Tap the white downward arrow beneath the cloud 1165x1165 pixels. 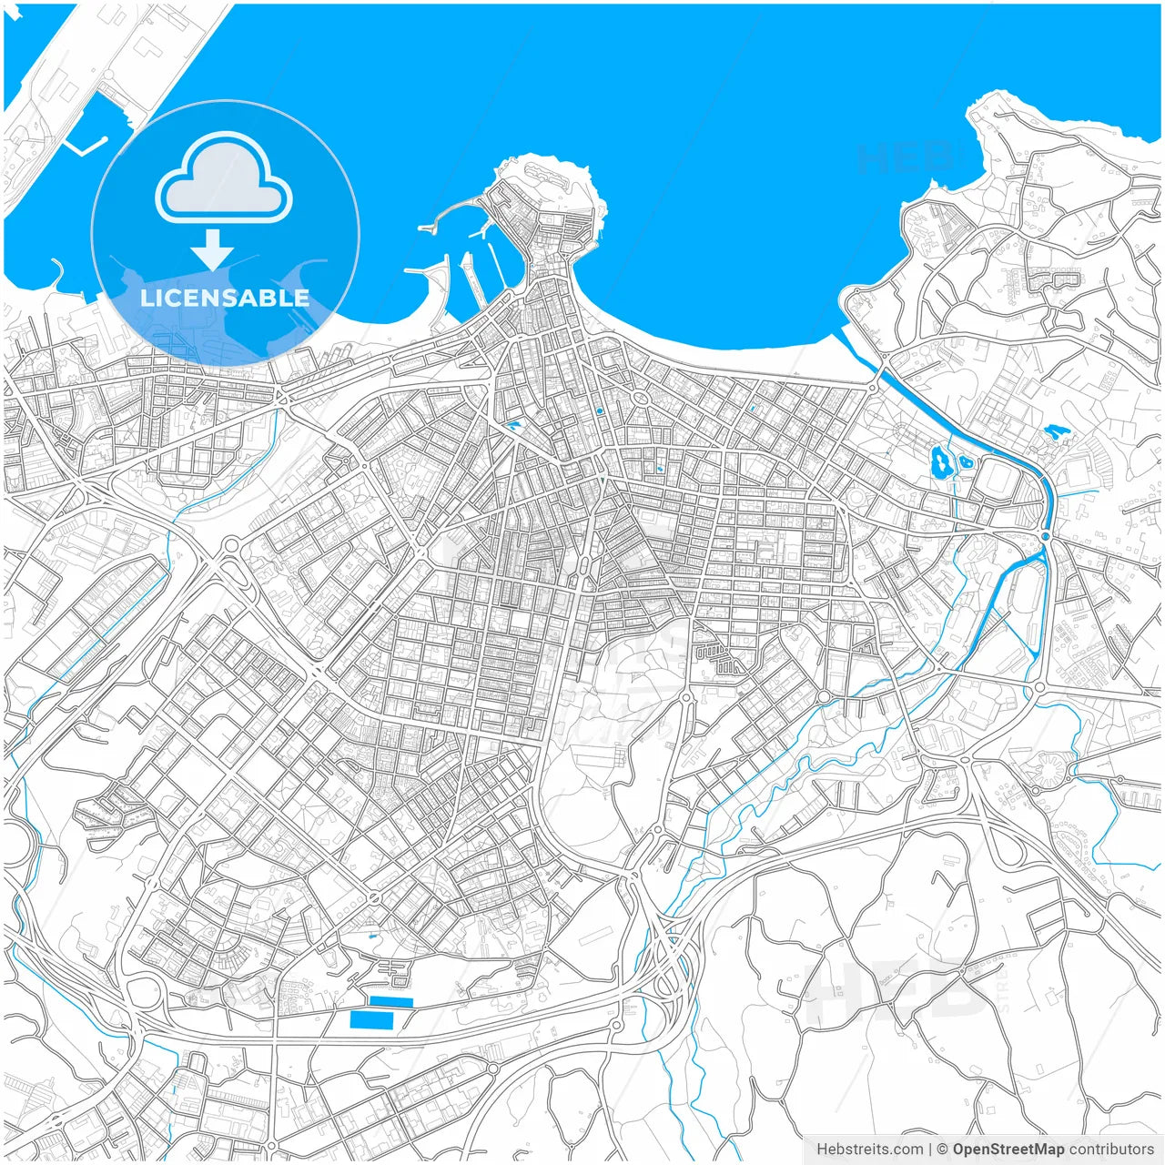click(x=213, y=249)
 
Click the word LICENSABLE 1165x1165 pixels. click(x=225, y=298)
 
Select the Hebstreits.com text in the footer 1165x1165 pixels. click(x=869, y=1150)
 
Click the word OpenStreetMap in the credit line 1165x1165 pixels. click(x=1008, y=1150)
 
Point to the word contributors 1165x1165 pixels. click(x=1110, y=1150)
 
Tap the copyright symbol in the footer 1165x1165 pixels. click(x=943, y=1150)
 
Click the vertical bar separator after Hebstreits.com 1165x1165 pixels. click(x=929, y=1150)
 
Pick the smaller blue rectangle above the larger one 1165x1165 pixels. click(x=391, y=1002)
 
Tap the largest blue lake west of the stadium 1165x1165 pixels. click(x=940, y=462)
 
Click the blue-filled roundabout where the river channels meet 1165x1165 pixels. click(x=1046, y=537)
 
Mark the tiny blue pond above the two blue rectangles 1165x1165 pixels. click(x=370, y=935)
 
